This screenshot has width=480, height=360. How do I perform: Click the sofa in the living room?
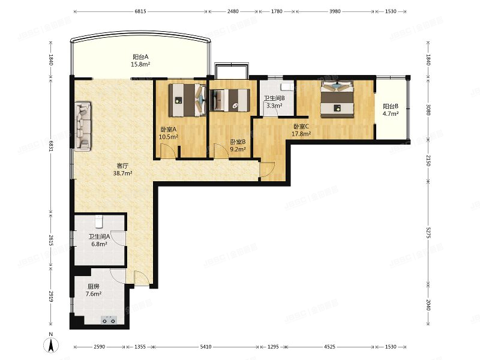(82, 125)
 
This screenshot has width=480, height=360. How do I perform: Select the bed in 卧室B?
(230, 100)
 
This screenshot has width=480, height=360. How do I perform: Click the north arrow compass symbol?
(52, 345)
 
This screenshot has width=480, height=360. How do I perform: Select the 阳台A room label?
(141, 58)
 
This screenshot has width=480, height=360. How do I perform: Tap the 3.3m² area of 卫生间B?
(274, 106)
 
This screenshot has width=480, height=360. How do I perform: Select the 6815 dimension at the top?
(140, 11)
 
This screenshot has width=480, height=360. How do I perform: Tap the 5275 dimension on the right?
(428, 232)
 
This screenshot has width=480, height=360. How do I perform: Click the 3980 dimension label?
(335, 11)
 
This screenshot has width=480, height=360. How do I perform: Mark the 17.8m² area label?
(301, 134)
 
